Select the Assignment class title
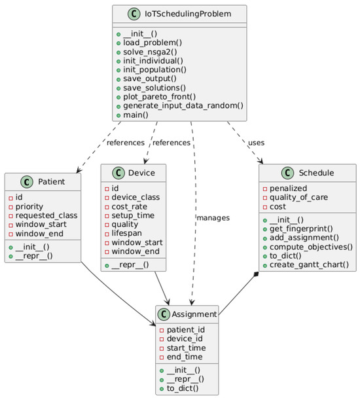point(196,316)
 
